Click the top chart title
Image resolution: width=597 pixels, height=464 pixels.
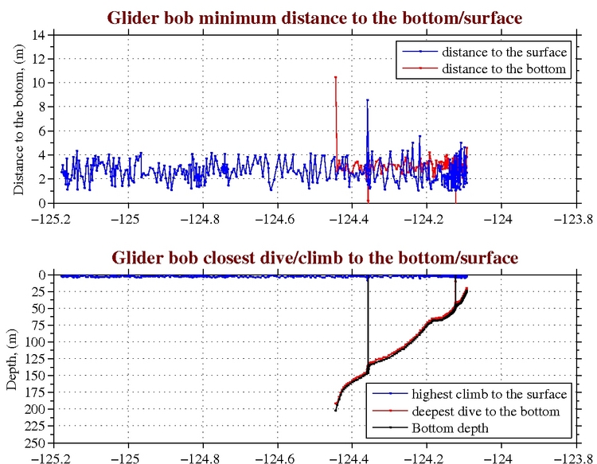pyautogui.click(x=316, y=17)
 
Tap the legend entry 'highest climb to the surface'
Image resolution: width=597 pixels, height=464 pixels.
pyautogui.click(x=489, y=394)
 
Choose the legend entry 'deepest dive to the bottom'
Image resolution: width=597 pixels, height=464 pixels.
pyautogui.click(x=486, y=411)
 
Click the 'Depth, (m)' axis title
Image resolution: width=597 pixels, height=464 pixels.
pyautogui.click(x=11, y=359)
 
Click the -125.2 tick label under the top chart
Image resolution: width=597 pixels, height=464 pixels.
pyautogui.click(x=54, y=215)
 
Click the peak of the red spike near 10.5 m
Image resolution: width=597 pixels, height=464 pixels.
pyautogui.click(x=336, y=77)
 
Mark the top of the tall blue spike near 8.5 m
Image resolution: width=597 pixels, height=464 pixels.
pyautogui.click(x=367, y=100)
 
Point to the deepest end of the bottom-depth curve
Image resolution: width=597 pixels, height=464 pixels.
pyautogui.click(x=336, y=409)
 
